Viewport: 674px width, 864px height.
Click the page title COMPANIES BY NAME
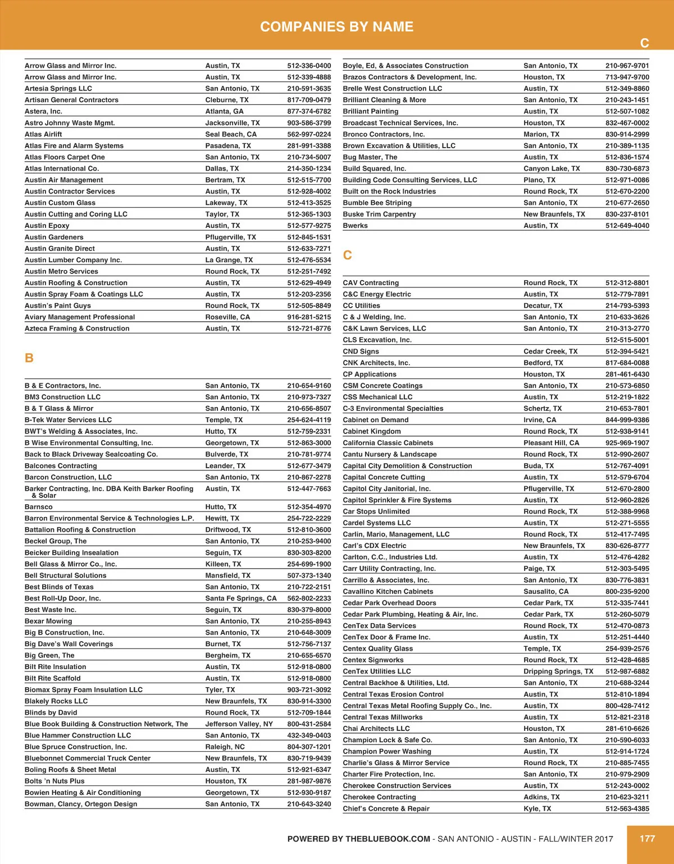click(x=336, y=27)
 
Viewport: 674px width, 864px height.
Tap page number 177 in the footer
click(x=647, y=838)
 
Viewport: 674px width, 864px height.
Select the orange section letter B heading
click(x=29, y=358)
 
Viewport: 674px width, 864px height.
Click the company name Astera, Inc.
click(x=43, y=111)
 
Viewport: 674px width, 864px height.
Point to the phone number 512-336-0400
click(x=309, y=66)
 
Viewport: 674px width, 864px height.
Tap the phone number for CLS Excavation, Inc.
click(x=627, y=340)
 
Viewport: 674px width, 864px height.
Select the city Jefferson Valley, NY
click(x=239, y=724)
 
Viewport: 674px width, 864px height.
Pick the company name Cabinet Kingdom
click(x=372, y=431)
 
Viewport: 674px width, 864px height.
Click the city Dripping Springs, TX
click(x=558, y=671)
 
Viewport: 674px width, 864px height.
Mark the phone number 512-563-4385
click(x=627, y=808)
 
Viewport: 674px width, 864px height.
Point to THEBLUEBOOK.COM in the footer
click(x=388, y=839)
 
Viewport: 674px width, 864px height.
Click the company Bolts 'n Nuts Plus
click(x=54, y=781)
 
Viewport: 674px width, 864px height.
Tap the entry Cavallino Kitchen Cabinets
click(x=388, y=591)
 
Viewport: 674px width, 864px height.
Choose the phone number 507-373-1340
click(x=309, y=575)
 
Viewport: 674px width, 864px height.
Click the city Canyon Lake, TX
click(x=552, y=168)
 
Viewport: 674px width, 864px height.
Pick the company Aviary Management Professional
click(x=80, y=317)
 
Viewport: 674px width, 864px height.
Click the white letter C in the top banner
click(x=645, y=43)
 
